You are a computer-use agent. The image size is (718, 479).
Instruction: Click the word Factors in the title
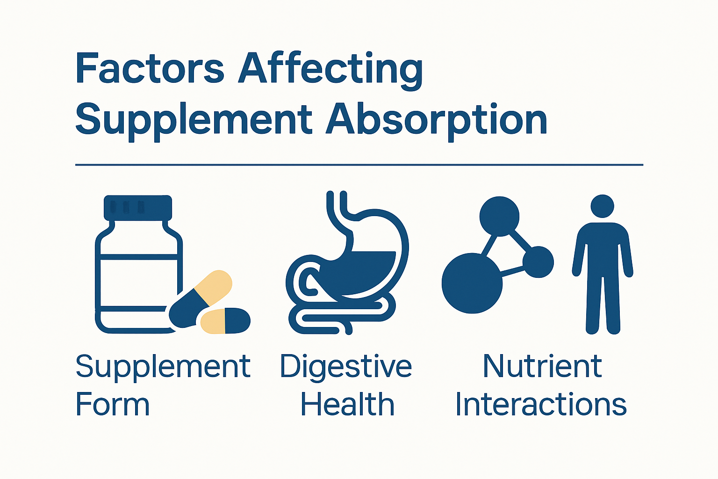[x=150, y=69]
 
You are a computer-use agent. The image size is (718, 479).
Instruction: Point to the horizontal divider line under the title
[x=359, y=165]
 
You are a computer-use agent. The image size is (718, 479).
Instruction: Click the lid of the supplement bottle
[x=138, y=207]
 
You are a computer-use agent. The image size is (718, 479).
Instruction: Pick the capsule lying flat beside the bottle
[x=225, y=321]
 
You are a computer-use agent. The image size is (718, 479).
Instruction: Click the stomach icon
[x=369, y=262]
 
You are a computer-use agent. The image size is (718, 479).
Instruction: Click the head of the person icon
[x=602, y=206]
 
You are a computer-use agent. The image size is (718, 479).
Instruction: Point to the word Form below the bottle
[x=112, y=405]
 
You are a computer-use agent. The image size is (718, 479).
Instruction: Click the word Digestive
[x=346, y=367]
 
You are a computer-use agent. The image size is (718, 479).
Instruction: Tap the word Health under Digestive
[x=347, y=405]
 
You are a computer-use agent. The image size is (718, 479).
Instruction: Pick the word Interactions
[x=541, y=405]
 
